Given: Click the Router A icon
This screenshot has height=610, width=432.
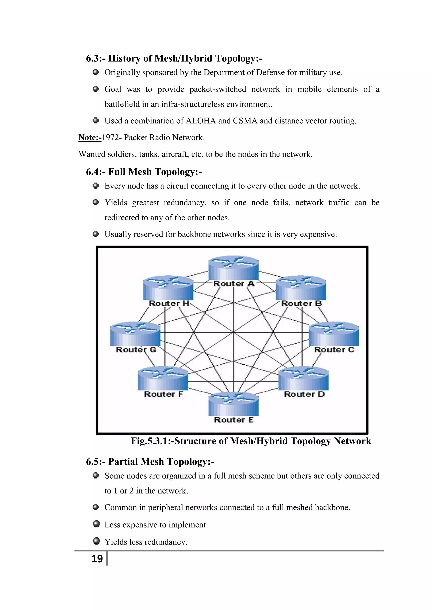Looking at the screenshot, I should [x=233, y=268].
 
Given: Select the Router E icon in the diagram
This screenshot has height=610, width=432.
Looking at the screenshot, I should [x=233, y=404].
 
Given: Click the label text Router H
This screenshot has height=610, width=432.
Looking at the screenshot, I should [x=169, y=303].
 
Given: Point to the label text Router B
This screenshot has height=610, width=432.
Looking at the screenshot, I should [x=301, y=303].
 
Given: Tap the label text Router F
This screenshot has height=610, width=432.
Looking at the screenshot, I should [x=163, y=394].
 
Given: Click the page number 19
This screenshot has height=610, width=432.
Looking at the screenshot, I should [x=97, y=559].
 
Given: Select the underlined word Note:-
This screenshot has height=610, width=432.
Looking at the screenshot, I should [x=90, y=138].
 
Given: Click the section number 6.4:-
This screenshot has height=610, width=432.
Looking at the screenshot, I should [x=96, y=172].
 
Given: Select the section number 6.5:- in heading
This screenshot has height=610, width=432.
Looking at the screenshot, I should [x=96, y=462].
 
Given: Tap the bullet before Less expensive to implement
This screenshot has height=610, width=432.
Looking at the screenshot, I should [x=96, y=524].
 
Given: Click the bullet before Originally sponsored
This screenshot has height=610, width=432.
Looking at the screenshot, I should [x=96, y=72].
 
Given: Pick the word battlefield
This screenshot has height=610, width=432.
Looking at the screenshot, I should [x=122, y=104].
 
